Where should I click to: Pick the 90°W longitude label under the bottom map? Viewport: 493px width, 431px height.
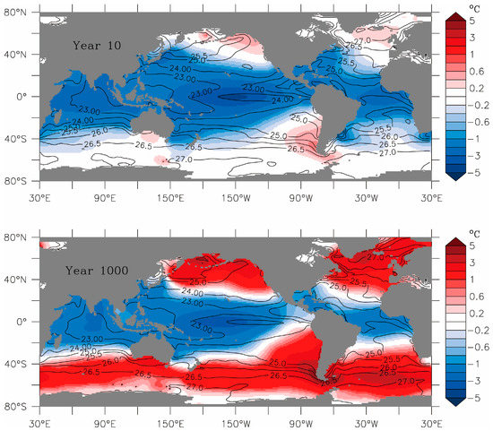(299, 418)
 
